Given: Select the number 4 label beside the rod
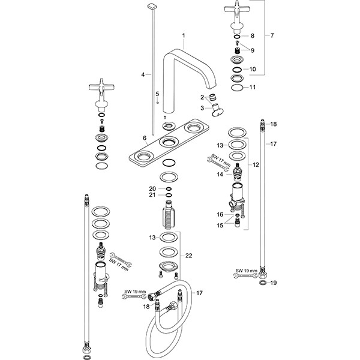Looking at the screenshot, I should pyautogui.click(x=142, y=74).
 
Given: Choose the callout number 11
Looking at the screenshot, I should pyautogui.click(x=253, y=88).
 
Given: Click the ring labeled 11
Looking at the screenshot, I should pyautogui.click(x=237, y=88).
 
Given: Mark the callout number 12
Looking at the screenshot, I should pyautogui.click(x=257, y=164).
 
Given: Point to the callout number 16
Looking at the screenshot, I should pyautogui.click(x=220, y=214).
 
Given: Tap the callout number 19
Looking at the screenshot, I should pyautogui.click(x=272, y=282).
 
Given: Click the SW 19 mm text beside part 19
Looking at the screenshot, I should pyautogui.click(x=246, y=271).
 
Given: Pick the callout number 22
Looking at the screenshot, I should pyautogui.click(x=189, y=256).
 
